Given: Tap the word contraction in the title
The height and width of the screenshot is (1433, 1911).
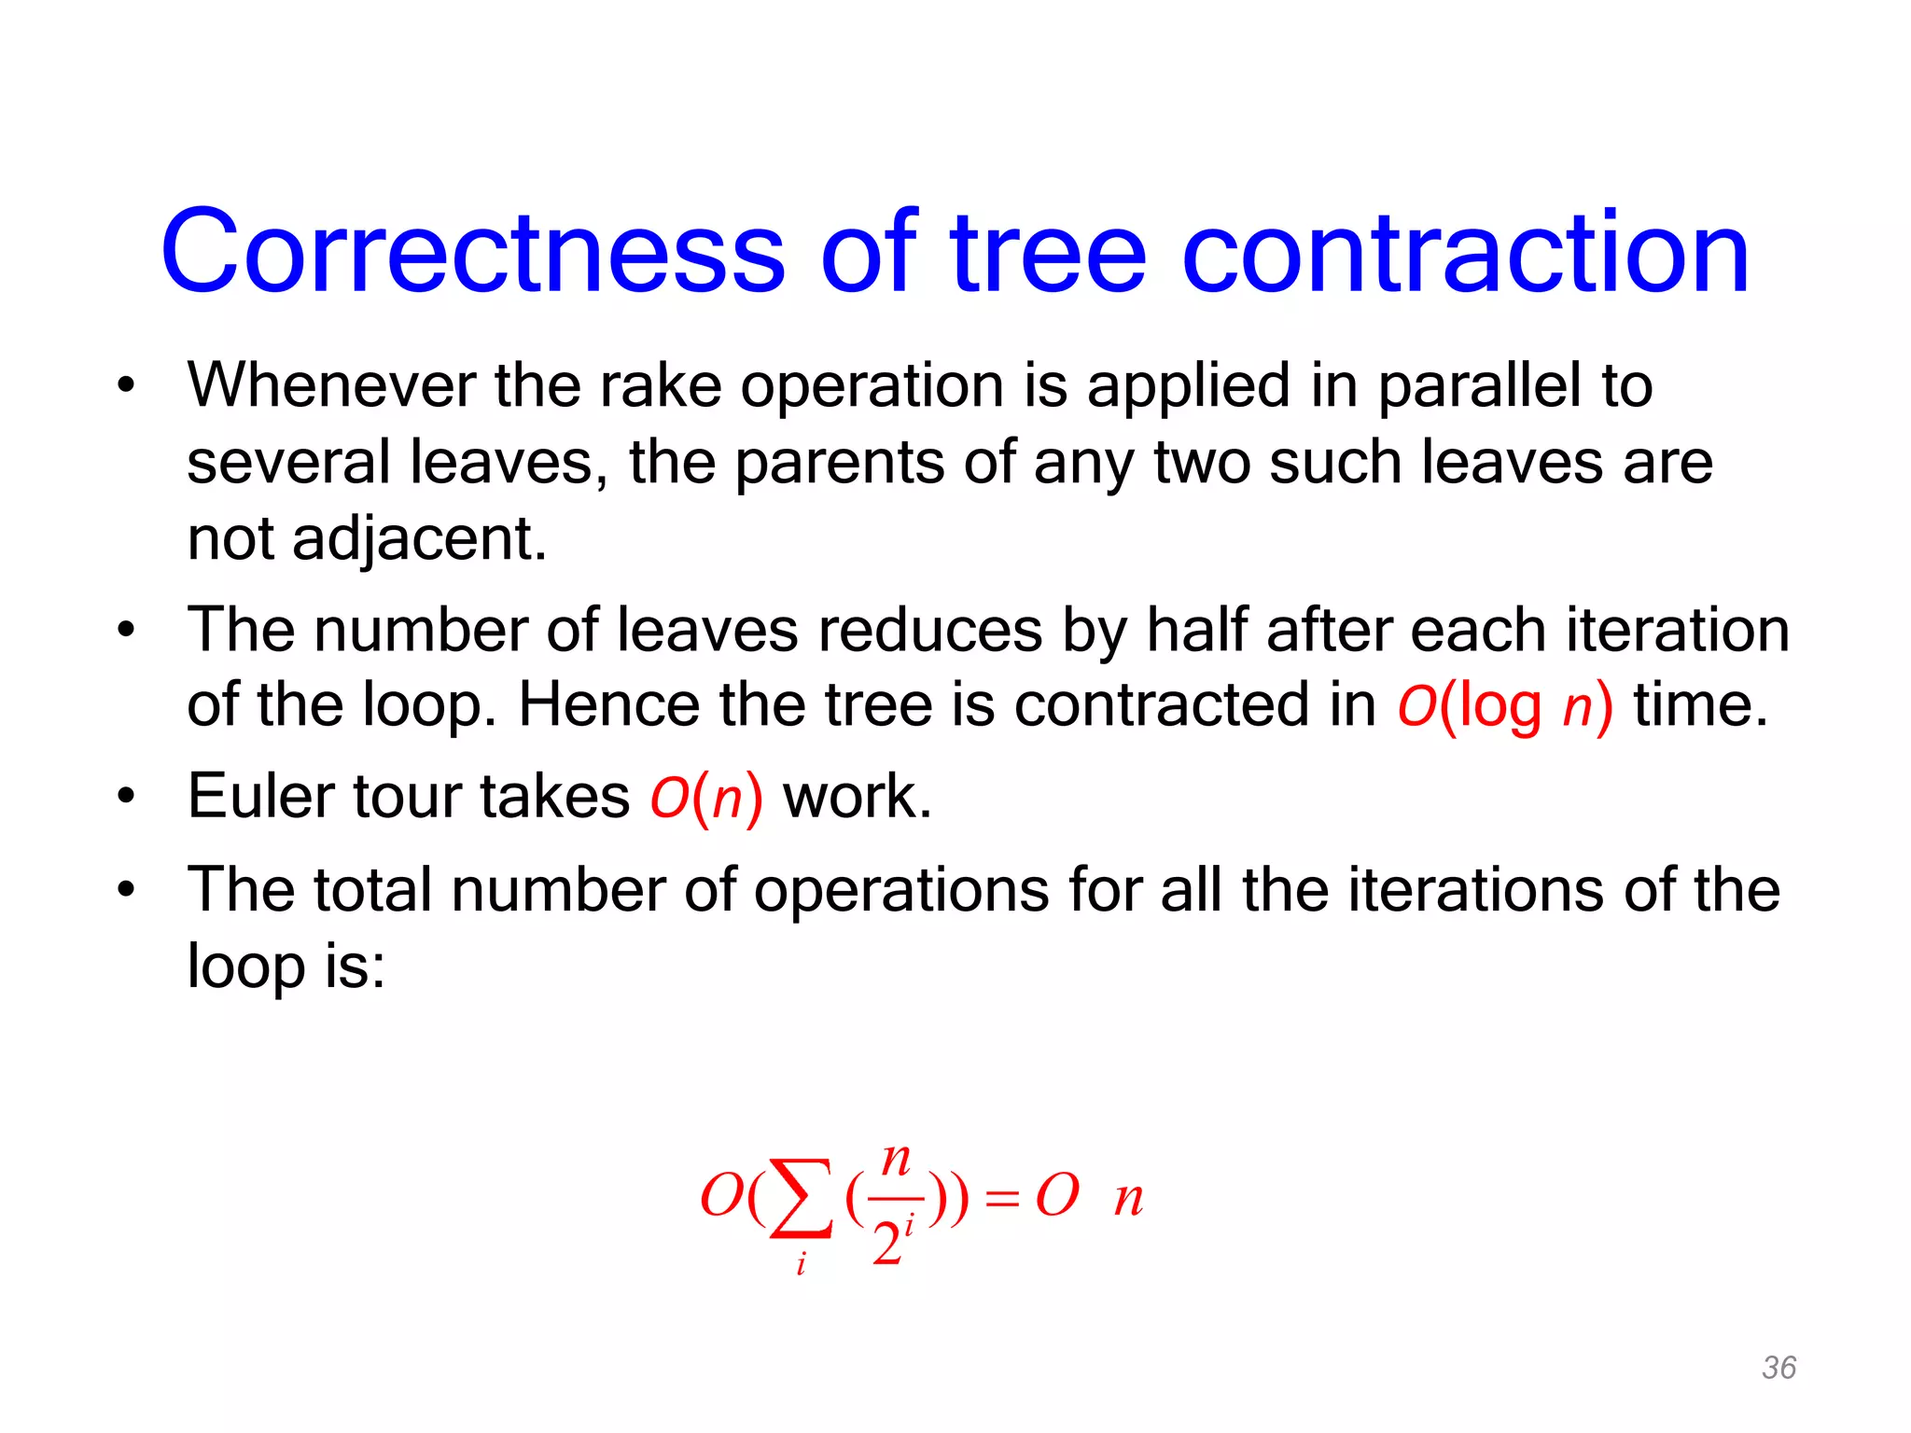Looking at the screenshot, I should tap(1465, 252).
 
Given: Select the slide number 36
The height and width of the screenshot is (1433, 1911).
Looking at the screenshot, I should tap(1778, 1368).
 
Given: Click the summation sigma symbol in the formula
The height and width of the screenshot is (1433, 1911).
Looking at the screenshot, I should tap(800, 1198).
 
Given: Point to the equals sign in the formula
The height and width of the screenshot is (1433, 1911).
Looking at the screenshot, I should tap(1001, 1199).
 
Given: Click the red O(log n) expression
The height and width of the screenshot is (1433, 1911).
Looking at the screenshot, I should tap(1504, 705).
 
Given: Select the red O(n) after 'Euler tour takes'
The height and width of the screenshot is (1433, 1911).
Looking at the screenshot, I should tap(706, 798).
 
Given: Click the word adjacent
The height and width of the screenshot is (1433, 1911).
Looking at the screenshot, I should tap(419, 539).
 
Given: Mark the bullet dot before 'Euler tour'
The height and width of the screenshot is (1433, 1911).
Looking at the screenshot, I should tap(126, 798).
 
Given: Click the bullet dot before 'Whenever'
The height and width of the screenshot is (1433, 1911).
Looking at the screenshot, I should tap(126, 385).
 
